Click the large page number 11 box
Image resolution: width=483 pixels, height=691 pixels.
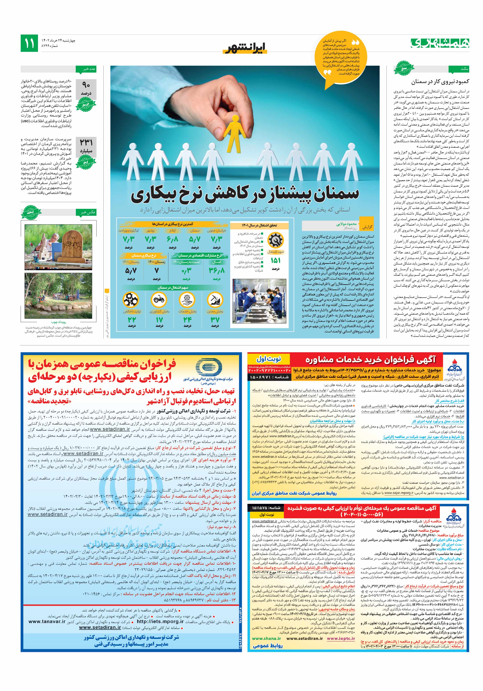[x=29, y=43]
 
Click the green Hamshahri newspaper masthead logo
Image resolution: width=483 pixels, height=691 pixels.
[x=439, y=43]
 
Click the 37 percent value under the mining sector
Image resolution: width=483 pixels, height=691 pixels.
[x=215, y=320]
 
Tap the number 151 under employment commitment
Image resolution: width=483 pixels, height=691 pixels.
[x=275, y=260]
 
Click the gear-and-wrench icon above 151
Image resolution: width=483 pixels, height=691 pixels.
[x=276, y=240]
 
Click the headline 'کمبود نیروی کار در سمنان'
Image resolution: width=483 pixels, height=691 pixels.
[x=440, y=82]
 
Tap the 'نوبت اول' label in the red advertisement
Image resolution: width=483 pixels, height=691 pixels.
[x=269, y=359]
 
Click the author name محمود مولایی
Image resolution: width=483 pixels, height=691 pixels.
[x=346, y=224]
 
